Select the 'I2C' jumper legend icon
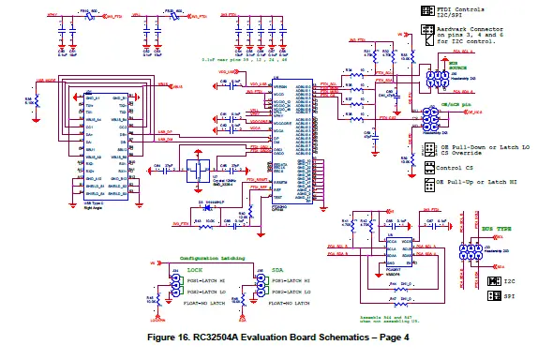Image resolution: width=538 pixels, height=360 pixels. (x=495, y=280)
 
